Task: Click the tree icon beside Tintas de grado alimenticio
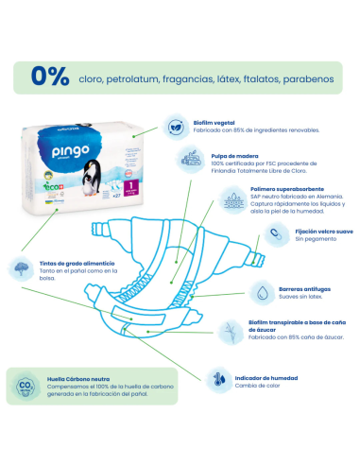click(21, 267)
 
